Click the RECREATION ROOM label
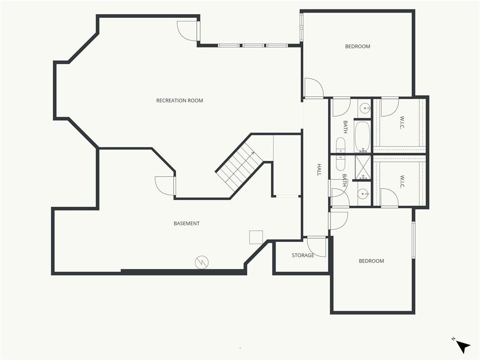pos(180,100)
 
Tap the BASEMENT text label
pos(187,224)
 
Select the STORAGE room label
pos(303,255)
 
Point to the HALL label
pos(319,170)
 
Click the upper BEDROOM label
pos(358,46)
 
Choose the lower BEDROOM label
pos(371,261)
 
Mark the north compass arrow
pos(463,346)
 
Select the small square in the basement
pos(256,237)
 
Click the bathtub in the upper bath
pos(362,137)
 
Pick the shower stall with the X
pos(363,167)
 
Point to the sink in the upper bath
pos(365,108)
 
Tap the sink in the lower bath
pos(364,194)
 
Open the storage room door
pos(316,247)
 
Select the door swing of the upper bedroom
pos(314,88)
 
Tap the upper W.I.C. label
pos(402,122)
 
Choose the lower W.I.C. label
pos(402,182)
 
